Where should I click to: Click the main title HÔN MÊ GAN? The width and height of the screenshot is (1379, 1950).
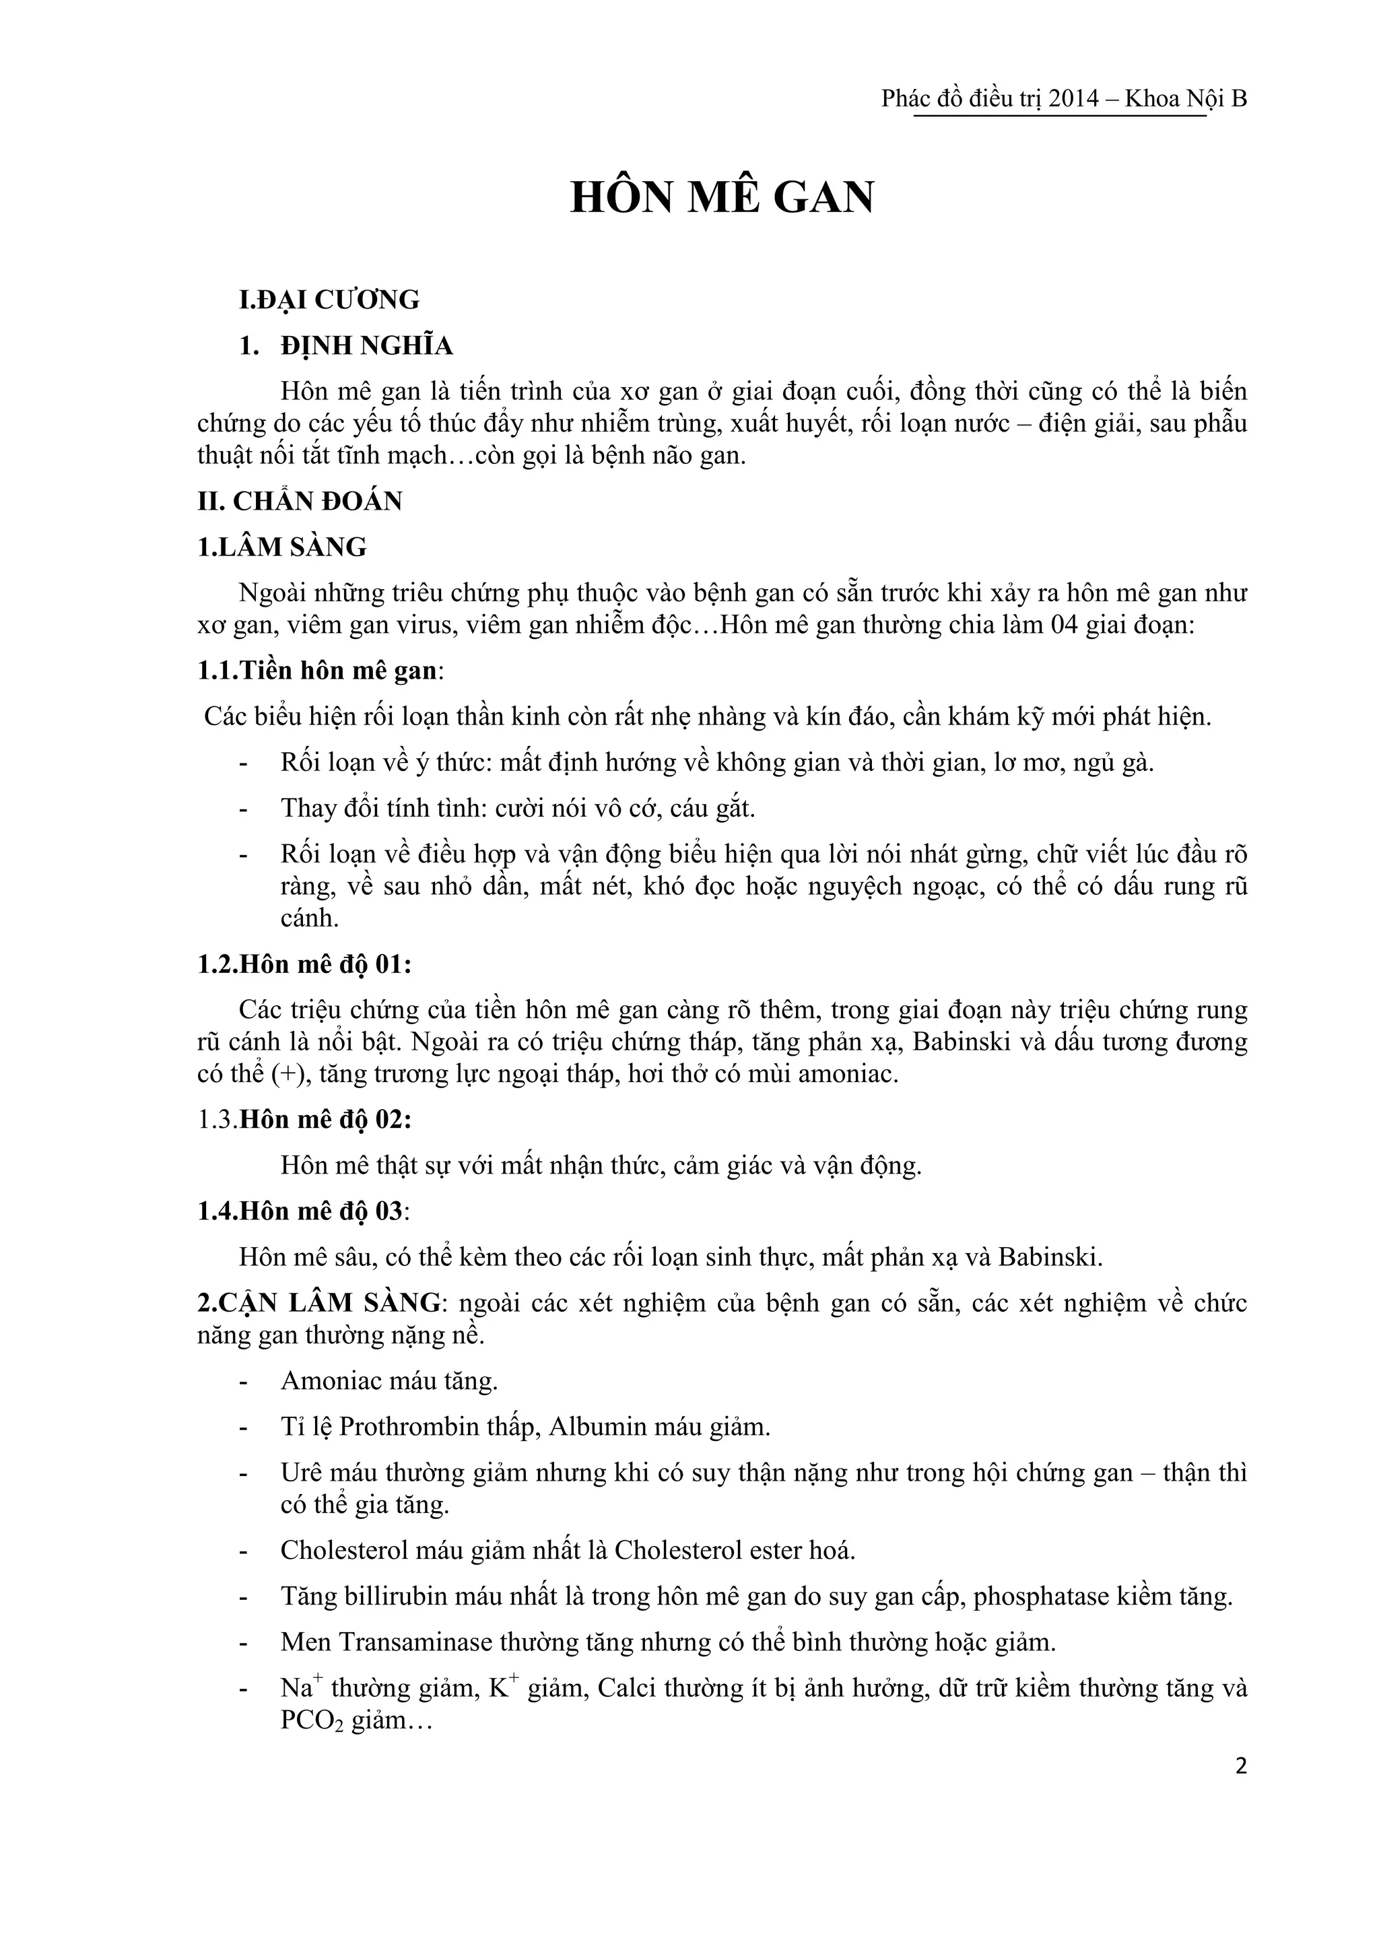[x=722, y=197]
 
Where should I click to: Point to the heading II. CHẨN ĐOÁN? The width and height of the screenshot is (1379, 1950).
[x=300, y=501]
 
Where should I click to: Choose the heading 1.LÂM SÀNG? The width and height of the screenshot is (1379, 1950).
[x=282, y=547]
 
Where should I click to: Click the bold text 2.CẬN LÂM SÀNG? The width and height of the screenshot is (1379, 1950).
[x=319, y=1303]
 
